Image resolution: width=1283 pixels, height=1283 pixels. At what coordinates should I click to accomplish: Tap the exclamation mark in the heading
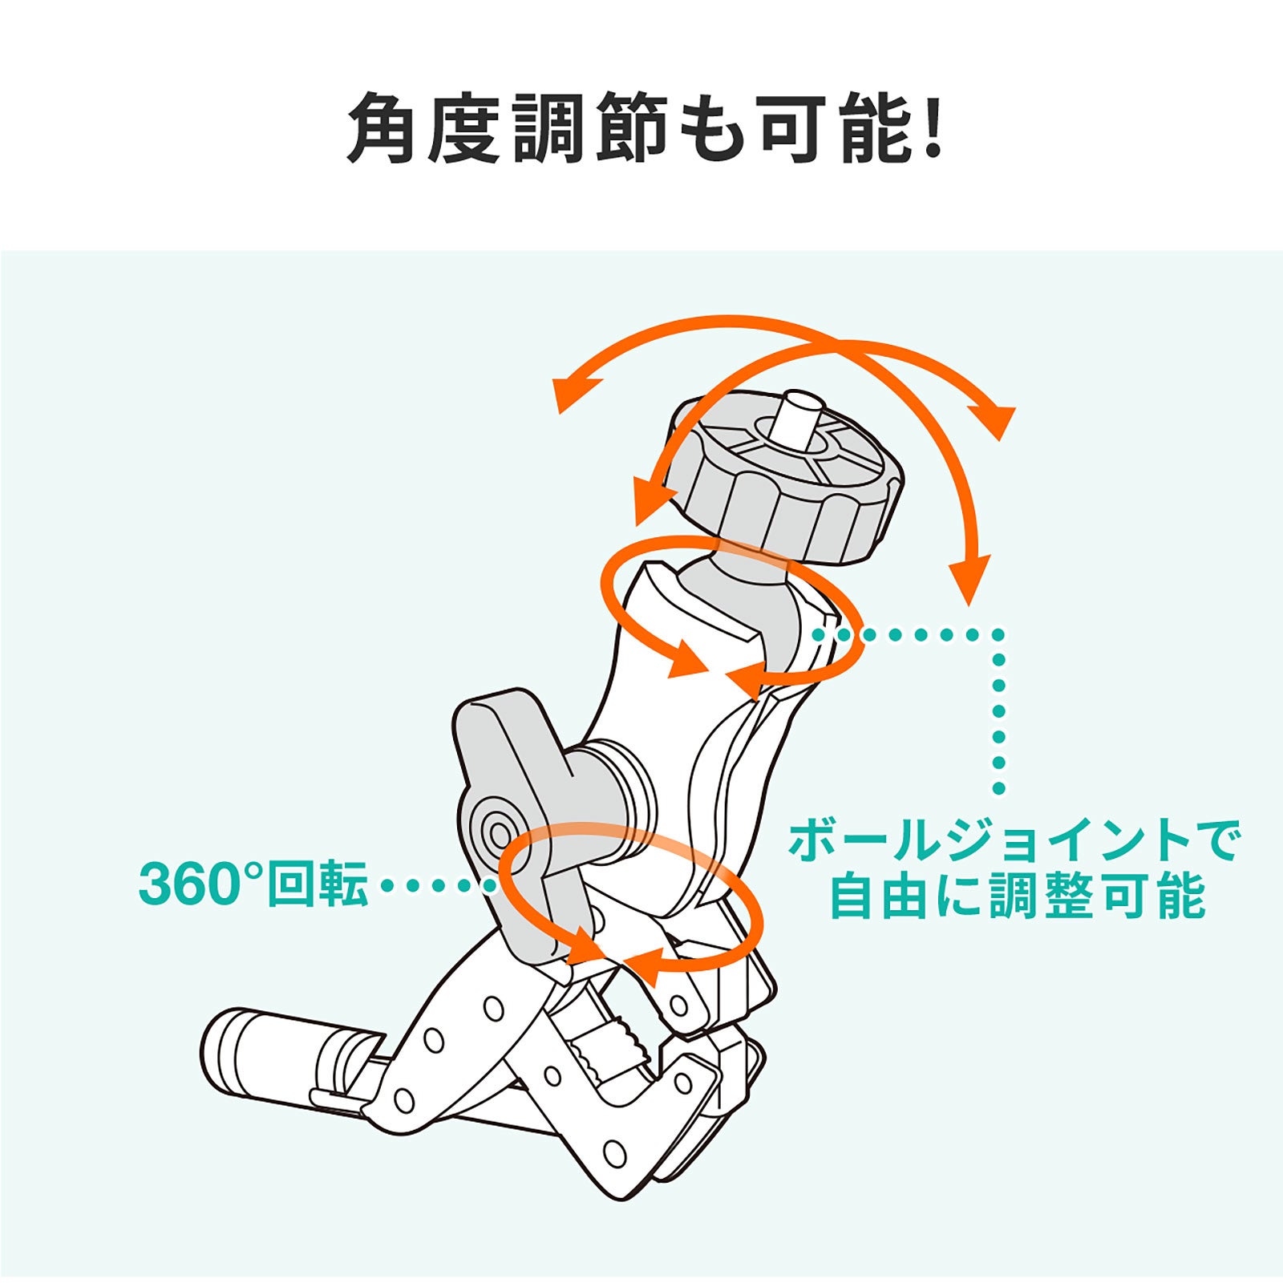[932, 128]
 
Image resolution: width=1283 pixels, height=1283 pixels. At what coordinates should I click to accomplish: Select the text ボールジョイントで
[1014, 840]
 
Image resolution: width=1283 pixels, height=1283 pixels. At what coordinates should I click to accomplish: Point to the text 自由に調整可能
[1017, 895]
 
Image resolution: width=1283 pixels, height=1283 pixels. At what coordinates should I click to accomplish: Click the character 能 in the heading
[876, 128]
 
